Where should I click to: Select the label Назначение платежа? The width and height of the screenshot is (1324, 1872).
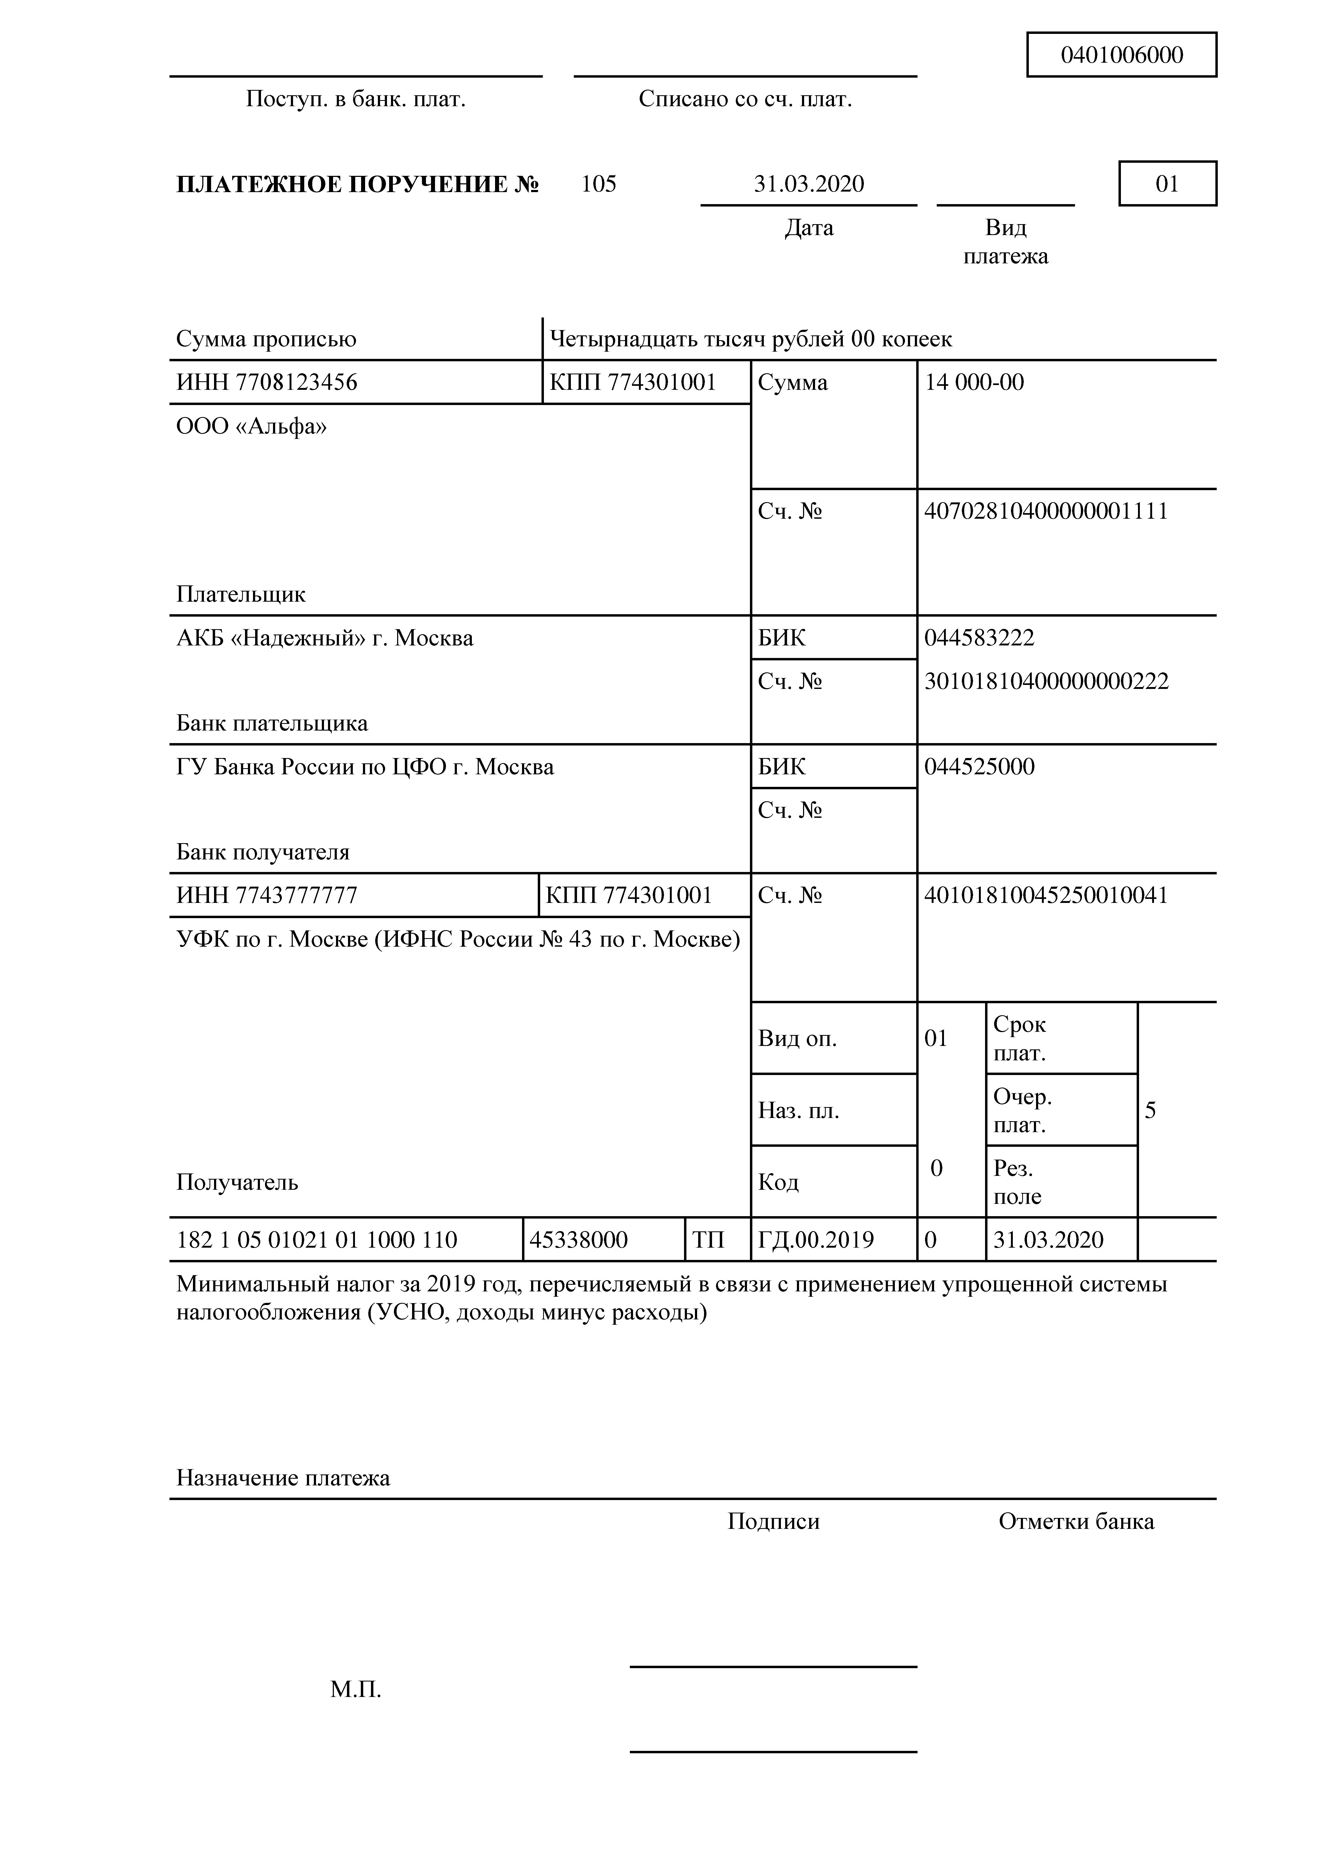tap(283, 1478)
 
